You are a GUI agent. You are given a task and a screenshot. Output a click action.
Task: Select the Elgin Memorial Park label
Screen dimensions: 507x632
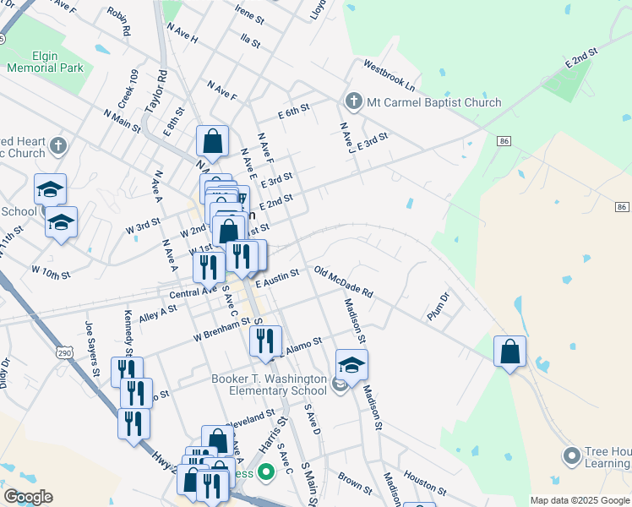click(x=46, y=62)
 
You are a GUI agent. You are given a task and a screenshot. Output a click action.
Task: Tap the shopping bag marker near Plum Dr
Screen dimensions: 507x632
click(x=509, y=352)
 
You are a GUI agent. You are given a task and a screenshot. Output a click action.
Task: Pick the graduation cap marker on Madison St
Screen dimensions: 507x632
click(x=351, y=365)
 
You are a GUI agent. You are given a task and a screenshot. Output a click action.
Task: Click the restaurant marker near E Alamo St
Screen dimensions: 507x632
click(x=265, y=341)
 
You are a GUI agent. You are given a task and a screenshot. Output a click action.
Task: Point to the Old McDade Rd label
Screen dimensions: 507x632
click(x=343, y=282)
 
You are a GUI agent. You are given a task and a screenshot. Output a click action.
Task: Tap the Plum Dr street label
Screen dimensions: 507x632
click(x=439, y=304)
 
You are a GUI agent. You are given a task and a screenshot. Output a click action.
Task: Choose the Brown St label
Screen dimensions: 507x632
click(x=355, y=482)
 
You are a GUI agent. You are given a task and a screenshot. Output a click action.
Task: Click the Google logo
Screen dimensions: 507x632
click(x=28, y=497)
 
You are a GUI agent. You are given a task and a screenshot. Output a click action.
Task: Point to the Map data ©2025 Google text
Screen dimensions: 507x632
click(x=580, y=500)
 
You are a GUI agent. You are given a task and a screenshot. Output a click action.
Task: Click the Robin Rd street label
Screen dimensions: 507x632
click(x=119, y=22)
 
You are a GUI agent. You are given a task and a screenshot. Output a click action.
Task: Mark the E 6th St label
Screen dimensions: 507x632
click(x=294, y=112)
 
